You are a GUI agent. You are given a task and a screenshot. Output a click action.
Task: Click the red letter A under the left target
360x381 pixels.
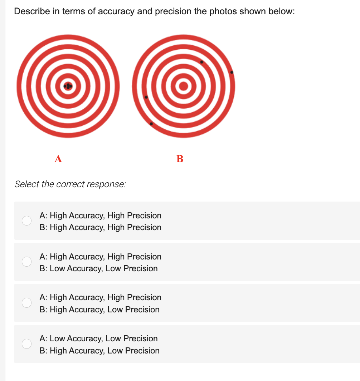click(x=58, y=159)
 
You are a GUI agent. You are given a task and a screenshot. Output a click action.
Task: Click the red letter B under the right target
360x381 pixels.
click(x=180, y=159)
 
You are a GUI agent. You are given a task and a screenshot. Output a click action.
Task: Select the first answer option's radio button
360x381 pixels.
click(x=26, y=221)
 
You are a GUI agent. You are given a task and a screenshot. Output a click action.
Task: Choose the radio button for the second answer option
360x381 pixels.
click(x=26, y=262)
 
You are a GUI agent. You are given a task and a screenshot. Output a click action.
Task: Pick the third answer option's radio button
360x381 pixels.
click(x=26, y=303)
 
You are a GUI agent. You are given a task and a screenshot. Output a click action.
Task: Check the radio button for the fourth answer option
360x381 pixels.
click(x=26, y=344)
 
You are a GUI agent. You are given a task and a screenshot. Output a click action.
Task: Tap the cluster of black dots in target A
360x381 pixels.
click(x=68, y=86)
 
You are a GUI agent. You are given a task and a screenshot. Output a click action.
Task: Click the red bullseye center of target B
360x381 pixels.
click(x=184, y=86)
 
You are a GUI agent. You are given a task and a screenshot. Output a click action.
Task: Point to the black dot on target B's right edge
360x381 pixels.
click(x=232, y=73)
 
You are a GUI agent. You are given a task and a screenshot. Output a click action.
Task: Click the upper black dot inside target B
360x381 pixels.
click(x=202, y=62)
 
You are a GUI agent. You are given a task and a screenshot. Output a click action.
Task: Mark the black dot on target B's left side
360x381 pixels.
click(x=146, y=97)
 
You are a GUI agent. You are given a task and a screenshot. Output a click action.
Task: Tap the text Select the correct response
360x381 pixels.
click(x=70, y=184)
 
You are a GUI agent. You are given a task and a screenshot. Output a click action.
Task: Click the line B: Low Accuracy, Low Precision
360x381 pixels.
click(x=99, y=268)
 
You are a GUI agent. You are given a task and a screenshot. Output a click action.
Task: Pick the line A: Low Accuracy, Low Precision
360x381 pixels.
click(x=99, y=338)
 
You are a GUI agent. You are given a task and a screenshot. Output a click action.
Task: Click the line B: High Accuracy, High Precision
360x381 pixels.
click(x=101, y=227)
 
